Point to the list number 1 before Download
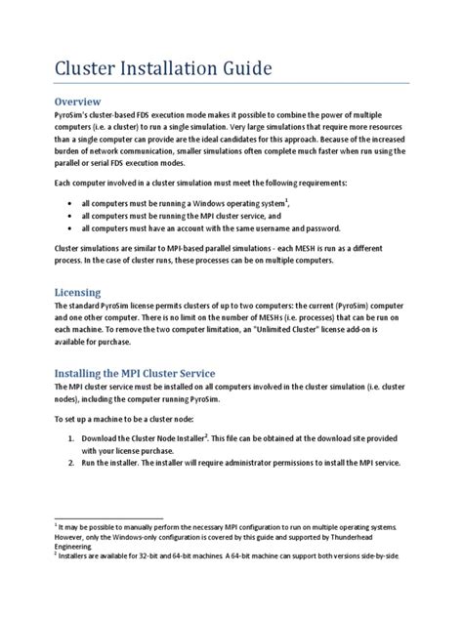tap(71, 439)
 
